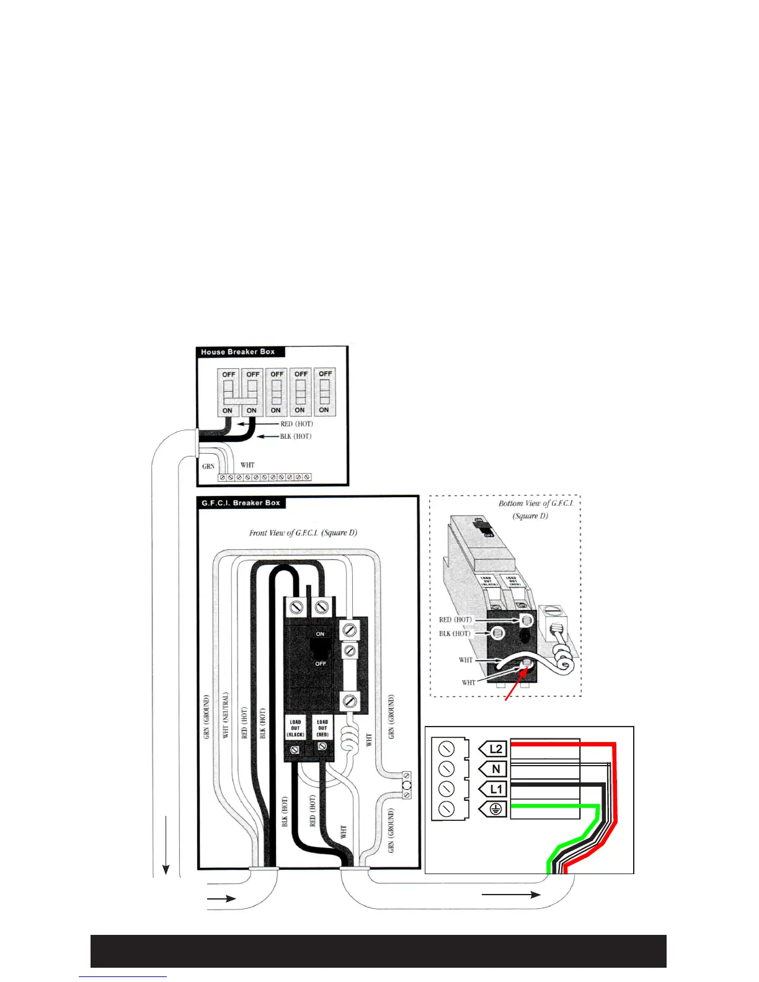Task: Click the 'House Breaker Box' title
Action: click(x=237, y=352)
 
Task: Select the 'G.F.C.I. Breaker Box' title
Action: click(x=241, y=503)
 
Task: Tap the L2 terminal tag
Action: click(x=494, y=749)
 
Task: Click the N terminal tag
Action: click(x=494, y=769)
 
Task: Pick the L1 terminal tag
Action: click(x=494, y=789)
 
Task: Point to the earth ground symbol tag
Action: click(x=494, y=808)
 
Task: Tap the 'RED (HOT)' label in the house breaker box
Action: click(x=296, y=424)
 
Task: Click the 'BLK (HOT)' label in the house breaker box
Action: click(x=295, y=436)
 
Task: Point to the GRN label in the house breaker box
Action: click(x=208, y=466)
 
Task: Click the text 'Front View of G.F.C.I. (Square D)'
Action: click(x=303, y=533)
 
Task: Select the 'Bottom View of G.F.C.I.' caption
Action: click(x=536, y=503)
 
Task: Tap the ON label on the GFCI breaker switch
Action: click(x=320, y=634)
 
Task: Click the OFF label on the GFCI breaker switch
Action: click(x=320, y=663)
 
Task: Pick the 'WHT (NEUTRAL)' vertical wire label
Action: click(x=226, y=715)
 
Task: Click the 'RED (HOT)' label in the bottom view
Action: click(x=455, y=619)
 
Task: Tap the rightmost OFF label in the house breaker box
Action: click(x=325, y=374)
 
